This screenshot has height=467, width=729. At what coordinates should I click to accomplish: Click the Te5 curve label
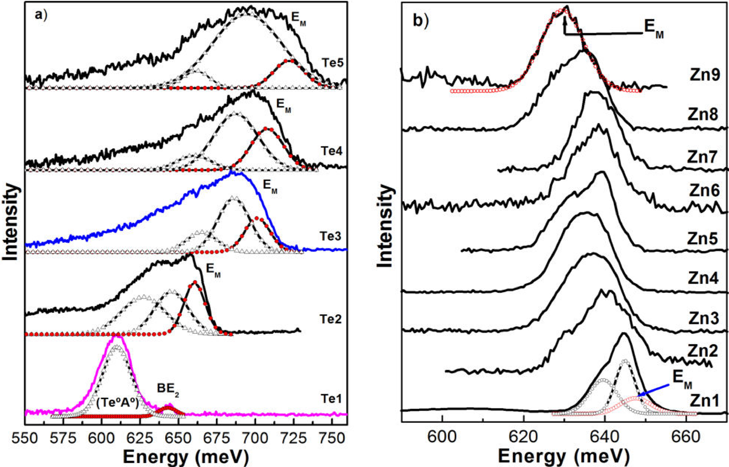click(332, 63)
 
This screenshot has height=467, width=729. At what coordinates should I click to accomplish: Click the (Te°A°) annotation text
click(117, 403)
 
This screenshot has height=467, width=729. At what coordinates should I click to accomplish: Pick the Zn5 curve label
click(702, 239)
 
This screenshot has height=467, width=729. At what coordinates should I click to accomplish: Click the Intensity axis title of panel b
click(385, 226)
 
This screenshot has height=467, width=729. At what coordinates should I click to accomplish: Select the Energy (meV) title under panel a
click(186, 458)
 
